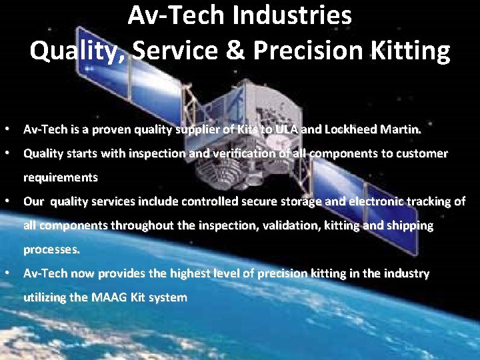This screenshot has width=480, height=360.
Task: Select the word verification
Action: (x=245, y=153)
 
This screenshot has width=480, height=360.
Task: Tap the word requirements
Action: (x=61, y=177)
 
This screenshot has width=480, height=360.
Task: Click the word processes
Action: (x=52, y=250)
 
